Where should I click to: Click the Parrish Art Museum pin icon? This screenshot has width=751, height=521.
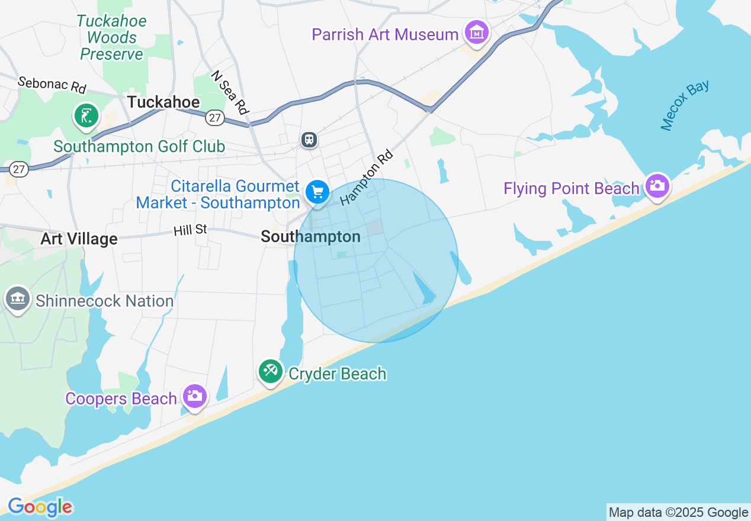pyautogui.click(x=477, y=33)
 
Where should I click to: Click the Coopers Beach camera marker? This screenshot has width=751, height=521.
pyautogui.click(x=194, y=396)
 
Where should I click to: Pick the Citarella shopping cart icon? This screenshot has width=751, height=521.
pyautogui.click(x=318, y=192)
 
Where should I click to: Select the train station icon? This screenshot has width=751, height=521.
pyautogui.click(x=309, y=140)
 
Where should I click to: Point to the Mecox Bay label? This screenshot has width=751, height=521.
pyautogui.click(x=685, y=105)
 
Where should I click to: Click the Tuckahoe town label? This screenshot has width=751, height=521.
pyautogui.click(x=163, y=102)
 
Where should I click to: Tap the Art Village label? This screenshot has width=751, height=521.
pyautogui.click(x=79, y=239)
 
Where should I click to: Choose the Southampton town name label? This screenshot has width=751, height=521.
pyautogui.click(x=310, y=237)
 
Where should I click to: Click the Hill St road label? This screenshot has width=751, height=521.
pyautogui.click(x=190, y=230)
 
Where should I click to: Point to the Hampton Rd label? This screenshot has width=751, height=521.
pyautogui.click(x=367, y=177)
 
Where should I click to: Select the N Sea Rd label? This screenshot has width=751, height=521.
pyautogui.click(x=229, y=93)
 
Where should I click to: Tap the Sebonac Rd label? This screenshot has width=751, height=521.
pyautogui.click(x=52, y=85)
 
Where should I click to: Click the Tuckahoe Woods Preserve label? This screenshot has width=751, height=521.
pyautogui.click(x=111, y=37)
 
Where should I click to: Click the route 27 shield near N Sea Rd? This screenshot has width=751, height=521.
pyautogui.click(x=215, y=118)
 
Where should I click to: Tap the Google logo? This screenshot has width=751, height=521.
pyautogui.click(x=40, y=507)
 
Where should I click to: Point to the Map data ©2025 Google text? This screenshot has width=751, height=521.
pyautogui.click(x=678, y=513)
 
